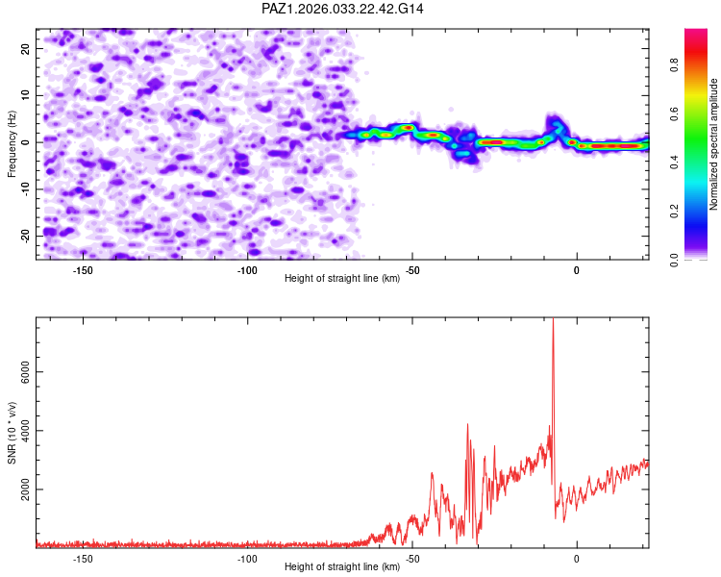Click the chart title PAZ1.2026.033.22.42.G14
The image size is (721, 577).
pos(342,9)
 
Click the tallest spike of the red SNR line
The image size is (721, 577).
pos(553,319)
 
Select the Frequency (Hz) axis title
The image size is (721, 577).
pos(12,144)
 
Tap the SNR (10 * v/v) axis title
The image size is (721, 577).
pos(12,433)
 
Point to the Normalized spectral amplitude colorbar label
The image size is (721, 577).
pos(713,144)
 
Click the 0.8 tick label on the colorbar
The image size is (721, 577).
pos(674,65)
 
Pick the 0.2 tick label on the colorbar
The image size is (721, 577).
pos(674,212)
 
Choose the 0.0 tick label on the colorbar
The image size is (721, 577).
pos(674,260)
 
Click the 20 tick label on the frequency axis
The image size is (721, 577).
pos(25,49)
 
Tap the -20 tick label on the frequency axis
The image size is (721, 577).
pos(25,237)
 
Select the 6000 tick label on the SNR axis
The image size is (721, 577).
pos(25,372)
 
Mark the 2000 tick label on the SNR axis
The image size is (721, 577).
pos(25,489)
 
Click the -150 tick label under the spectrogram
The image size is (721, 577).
pos(83,270)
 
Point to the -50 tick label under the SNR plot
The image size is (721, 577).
pos(412,559)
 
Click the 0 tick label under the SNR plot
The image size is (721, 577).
pos(577,559)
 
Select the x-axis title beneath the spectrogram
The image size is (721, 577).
pos(342,278)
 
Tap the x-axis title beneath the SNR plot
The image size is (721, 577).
pos(342,566)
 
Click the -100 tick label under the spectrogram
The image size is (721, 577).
pos(247,270)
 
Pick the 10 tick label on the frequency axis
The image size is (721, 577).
pos(25,96)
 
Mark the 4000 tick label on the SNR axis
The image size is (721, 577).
pos(25,431)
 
